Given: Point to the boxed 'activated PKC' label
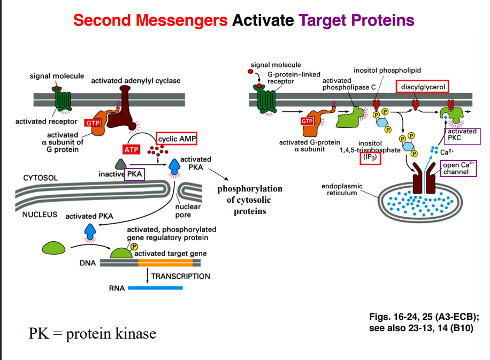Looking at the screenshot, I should pyautogui.click(x=462, y=134).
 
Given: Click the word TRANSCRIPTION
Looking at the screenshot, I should pyautogui.click(x=180, y=277).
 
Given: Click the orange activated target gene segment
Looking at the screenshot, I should pyautogui.click(x=165, y=263).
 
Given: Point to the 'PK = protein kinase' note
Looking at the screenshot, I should pyautogui.click(x=92, y=334).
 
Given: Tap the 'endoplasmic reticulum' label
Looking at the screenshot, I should pyautogui.click(x=342, y=189).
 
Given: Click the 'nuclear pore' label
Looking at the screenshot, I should pyautogui.click(x=188, y=211).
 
